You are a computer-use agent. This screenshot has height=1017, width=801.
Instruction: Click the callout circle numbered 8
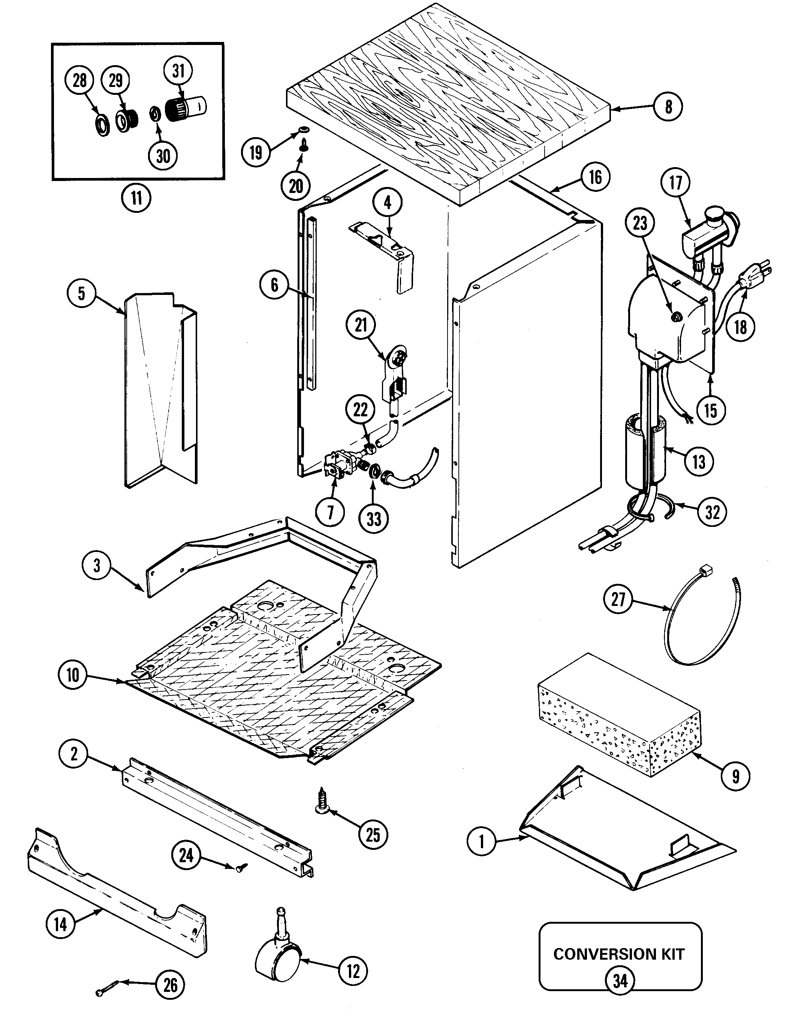pyautogui.click(x=669, y=107)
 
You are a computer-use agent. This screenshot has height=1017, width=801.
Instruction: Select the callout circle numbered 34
pyautogui.click(x=620, y=980)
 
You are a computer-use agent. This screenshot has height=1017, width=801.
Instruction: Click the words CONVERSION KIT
pyautogui.click(x=619, y=954)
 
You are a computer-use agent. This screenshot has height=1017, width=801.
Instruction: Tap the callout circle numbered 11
pyautogui.click(x=136, y=198)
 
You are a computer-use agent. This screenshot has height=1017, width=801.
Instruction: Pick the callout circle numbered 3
pyautogui.click(x=97, y=565)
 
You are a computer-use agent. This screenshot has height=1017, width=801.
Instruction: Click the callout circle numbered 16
pyautogui.click(x=595, y=177)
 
